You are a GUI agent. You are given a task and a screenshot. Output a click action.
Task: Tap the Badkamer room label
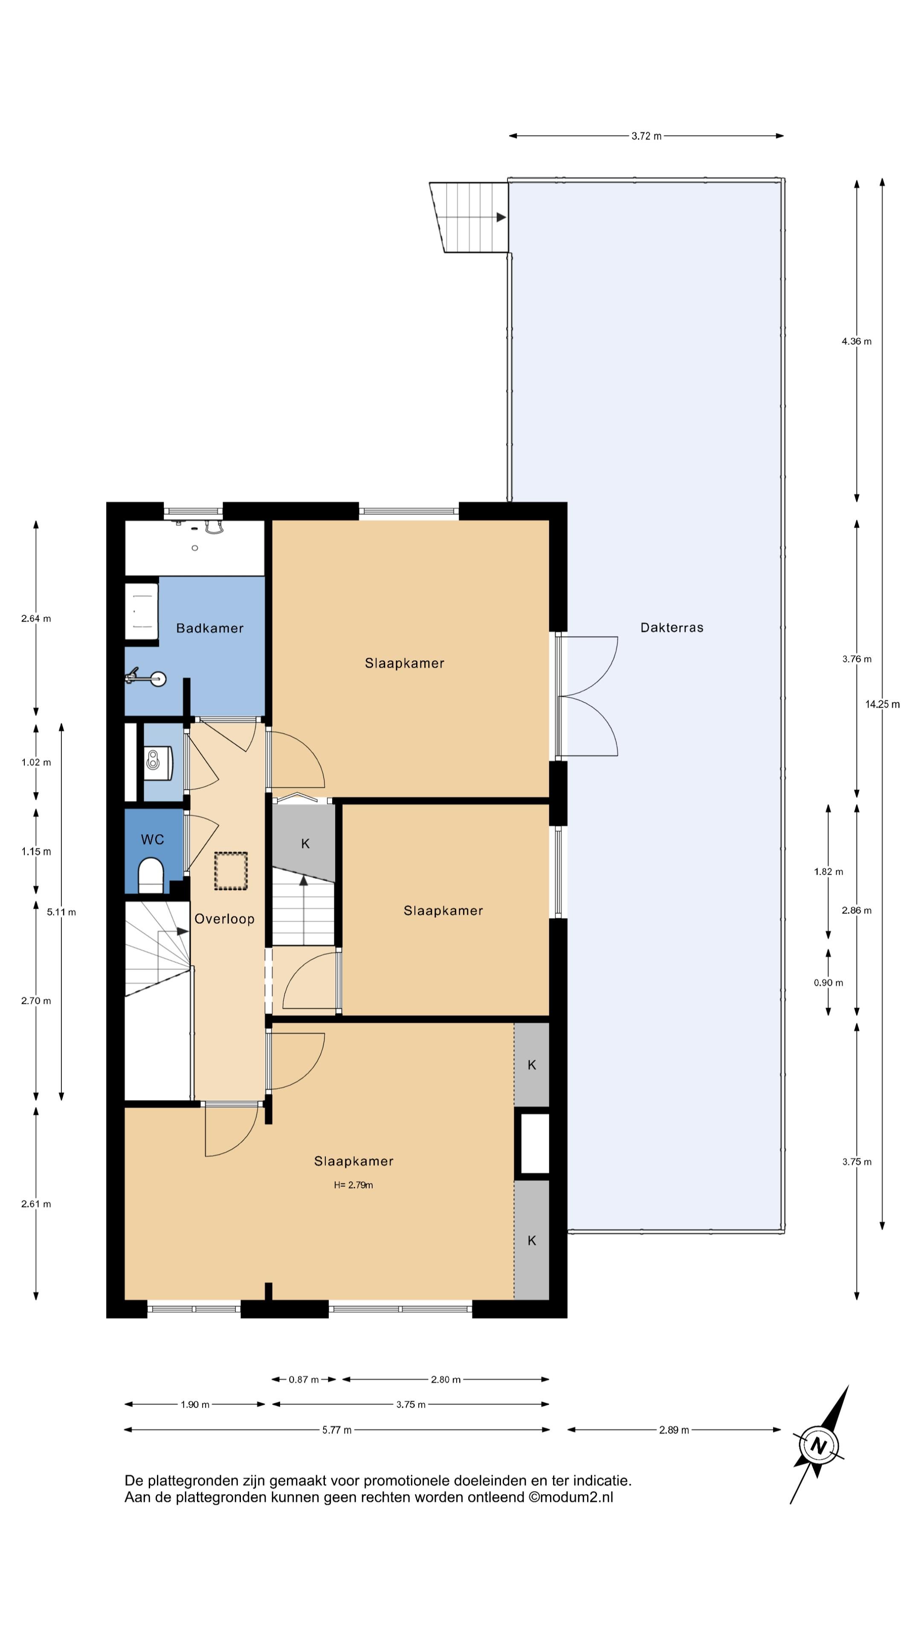(x=210, y=628)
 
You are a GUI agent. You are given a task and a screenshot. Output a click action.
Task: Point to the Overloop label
(x=224, y=919)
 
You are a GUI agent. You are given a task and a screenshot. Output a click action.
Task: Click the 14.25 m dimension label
(x=882, y=704)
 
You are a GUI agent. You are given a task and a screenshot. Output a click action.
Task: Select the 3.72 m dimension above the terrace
(x=646, y=136)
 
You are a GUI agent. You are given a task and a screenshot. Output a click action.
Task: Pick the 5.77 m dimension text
(x=337, y=1430)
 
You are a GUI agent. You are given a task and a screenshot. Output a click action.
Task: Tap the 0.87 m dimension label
(x=304, y=1380)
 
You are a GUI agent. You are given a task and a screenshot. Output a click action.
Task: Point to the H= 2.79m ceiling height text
(x=353, y=1185)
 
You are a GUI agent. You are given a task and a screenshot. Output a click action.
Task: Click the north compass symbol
(x=819, y=1446)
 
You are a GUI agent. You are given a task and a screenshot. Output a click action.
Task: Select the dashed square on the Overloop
(x=231, y=871)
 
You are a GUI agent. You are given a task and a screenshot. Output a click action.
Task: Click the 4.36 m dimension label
(x=857, y=341)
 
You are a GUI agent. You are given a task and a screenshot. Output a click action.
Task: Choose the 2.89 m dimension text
(x=674, y=1430)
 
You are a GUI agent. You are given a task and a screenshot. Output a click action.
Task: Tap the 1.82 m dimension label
(x=828, y=871)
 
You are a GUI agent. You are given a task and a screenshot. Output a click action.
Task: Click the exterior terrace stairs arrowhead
(x=501, y=217)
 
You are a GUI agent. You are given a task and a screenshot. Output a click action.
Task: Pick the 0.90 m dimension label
(x=828, y=983)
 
